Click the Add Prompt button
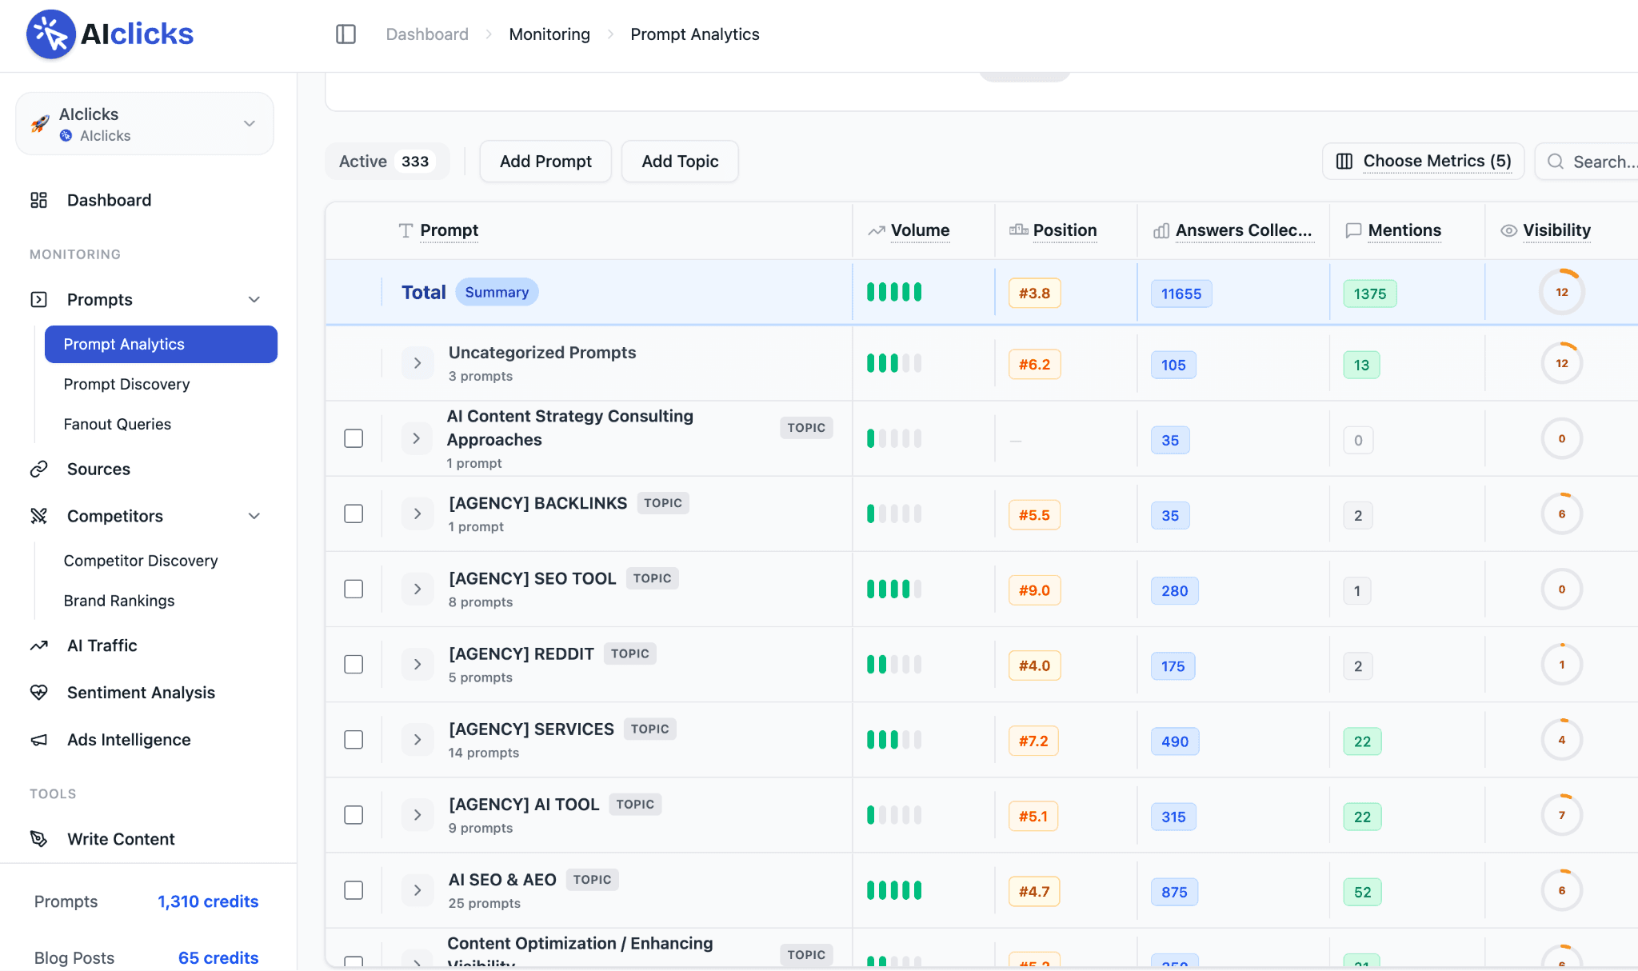click(x=545, y=162)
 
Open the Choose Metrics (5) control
click(x=1423, y=162)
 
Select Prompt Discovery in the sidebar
click(x=126, y=384)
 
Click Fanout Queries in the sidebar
click(x=117, y=424)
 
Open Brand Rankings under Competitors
click(x=119, y=601)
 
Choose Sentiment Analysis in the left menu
click(x=141, y=693)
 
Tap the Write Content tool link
click(x=121, y=839)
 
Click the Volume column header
click(x=920, y=230)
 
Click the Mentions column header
click(x=1404, y=230)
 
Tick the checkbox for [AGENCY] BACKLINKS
click(x=354, y=513)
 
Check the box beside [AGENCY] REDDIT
click(x=354, y=665)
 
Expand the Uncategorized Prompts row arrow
click(x=417, y=363)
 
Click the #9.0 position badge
click(x=1034, y=590)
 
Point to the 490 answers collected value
click(x=1175, y=741)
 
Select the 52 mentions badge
click(x=1362, y=892)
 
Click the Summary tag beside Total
click(x=497, y=292)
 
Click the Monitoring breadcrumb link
click(x=549, y=34)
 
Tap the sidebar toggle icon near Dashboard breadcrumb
click(x=346, y=34)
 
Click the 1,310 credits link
click(x=208, y=901)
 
